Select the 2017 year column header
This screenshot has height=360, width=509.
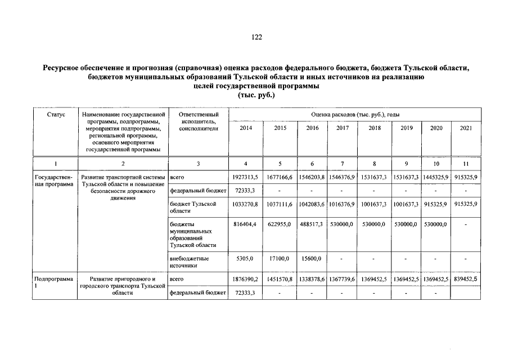pos(343,128)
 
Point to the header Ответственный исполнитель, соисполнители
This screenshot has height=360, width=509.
pos(197,121)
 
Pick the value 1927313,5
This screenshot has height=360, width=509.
pos(246,177)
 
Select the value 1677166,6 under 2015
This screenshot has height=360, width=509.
pos(279,177)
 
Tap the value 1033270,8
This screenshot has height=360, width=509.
pos(246,204)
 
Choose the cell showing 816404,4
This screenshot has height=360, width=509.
pos(246,224)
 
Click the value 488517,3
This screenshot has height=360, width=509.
pos(311,224)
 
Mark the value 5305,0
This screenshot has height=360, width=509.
pos(246,259)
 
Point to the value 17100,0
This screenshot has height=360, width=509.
pos(279,259)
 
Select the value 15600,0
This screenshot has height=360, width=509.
pos(311,259)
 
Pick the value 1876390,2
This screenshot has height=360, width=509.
pos(246,279)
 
